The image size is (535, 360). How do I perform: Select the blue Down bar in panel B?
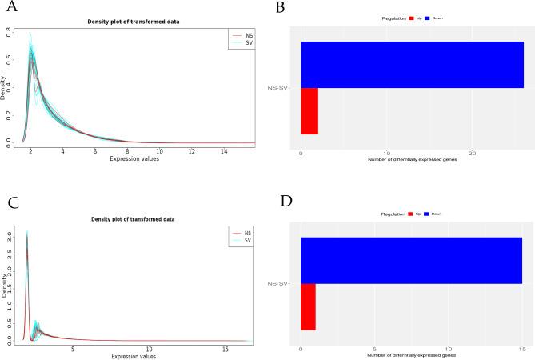(412, 64)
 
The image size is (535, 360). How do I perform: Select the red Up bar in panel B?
(309, 110)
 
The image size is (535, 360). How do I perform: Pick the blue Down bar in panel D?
(410, 260)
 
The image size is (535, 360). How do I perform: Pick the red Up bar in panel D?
(308, 306)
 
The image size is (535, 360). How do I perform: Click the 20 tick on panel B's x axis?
(472, 153)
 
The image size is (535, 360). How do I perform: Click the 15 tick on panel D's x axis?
(521, 349)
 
